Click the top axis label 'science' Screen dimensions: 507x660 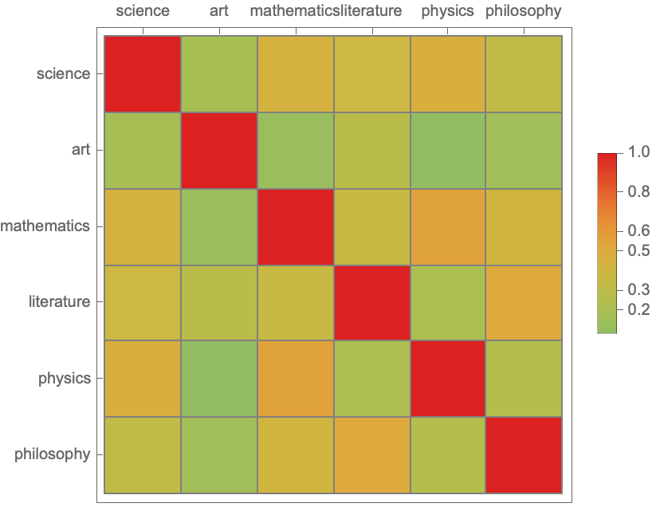[x=143, y=11]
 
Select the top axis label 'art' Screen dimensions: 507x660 [x=219, y=11]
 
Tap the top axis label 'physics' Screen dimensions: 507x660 [x=447, y=11]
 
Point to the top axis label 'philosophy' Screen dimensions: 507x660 [x=523, y=11]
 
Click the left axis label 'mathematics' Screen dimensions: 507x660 [x=45, y=226]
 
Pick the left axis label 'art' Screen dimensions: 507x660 [x=81, y=150]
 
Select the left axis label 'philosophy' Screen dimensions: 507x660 [x=53, y=454]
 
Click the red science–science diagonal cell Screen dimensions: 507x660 [x=143, y=74]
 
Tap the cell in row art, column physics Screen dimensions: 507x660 [x=447, y=150]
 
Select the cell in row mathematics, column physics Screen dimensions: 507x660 [x=447, y=226]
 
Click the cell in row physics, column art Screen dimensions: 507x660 [x=219, y=379]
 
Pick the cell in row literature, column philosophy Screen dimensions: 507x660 [x=524, y=302]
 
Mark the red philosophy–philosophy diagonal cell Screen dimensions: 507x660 [x=524, y=455]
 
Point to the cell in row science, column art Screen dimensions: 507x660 [x=219, y=74]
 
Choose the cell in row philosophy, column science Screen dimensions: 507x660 [x=143, y=455]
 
